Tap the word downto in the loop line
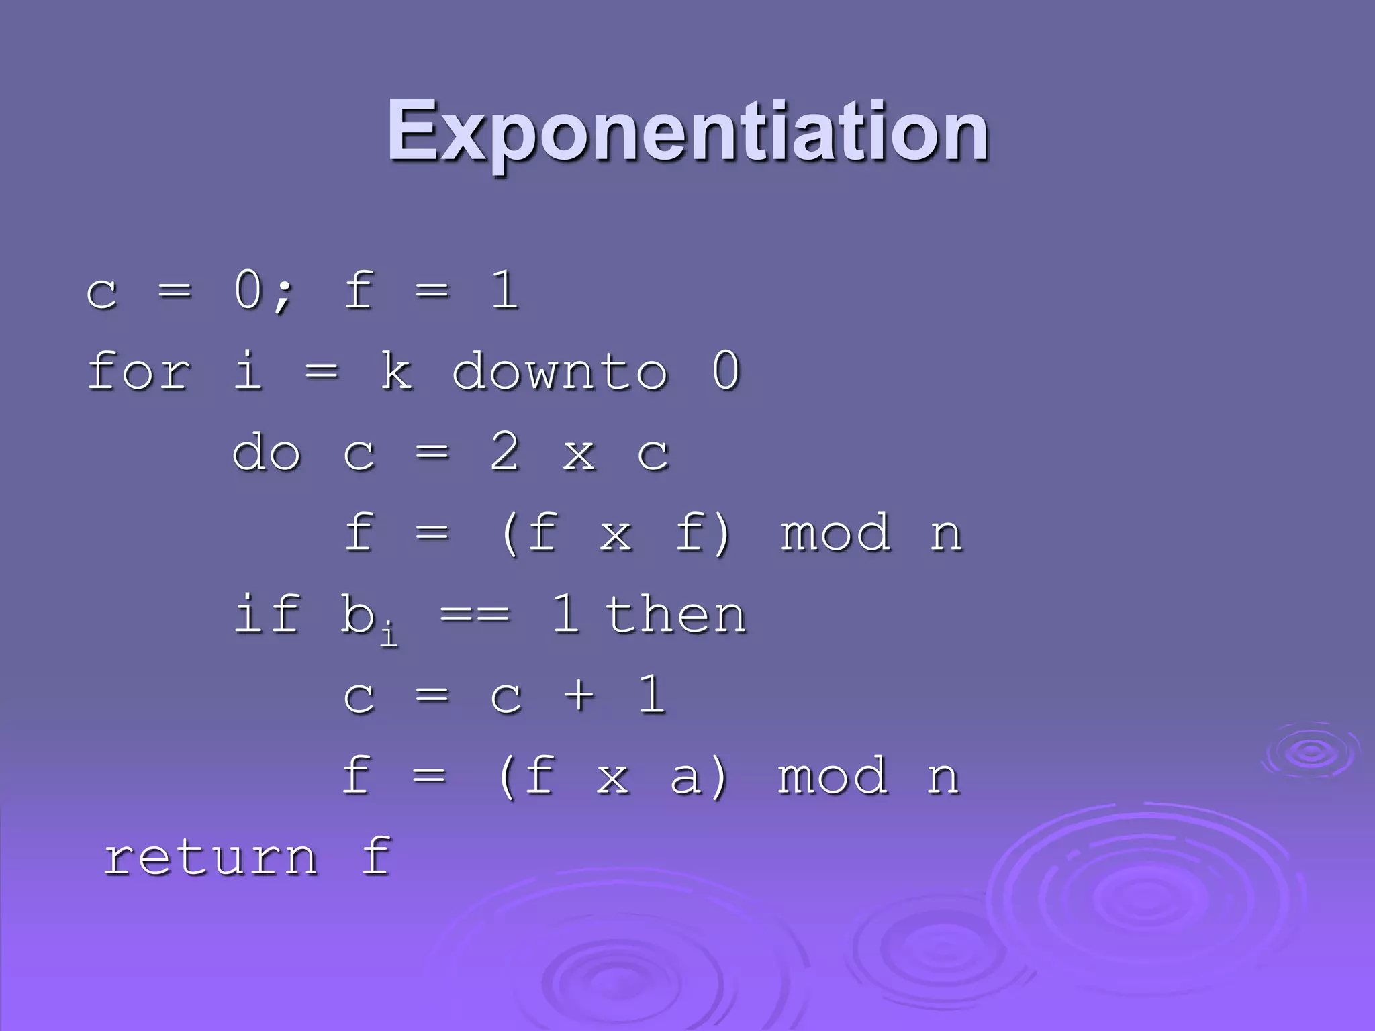tap(559, 371)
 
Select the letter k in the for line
tap(396, 371)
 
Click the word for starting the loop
tap(139, 371)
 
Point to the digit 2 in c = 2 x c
tap(505, 452)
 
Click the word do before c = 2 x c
tap(266, 452)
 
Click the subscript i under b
tap(389, 634)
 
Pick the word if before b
tap(266, 614)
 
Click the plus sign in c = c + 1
tap(579, 695)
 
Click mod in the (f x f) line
tap(835, 534)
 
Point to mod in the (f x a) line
tap(833, 777)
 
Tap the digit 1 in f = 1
tap(505, 290)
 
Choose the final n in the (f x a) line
tap(943, 779)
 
